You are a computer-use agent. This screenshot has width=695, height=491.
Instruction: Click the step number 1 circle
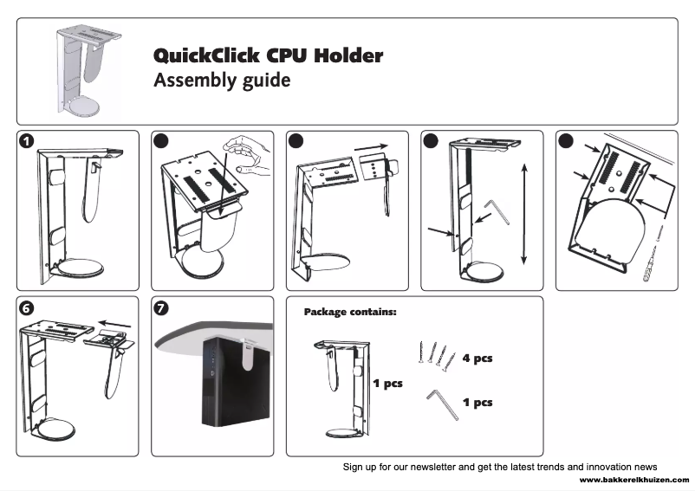29,141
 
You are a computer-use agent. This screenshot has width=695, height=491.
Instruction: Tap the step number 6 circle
29,307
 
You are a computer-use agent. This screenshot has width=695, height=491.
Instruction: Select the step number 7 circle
162,307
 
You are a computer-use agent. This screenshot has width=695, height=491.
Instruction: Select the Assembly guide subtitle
222,81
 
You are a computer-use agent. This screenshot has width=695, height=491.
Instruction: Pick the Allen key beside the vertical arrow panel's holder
497,208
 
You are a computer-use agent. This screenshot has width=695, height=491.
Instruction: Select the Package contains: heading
350,311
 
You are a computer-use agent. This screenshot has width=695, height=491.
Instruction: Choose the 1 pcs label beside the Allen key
477,402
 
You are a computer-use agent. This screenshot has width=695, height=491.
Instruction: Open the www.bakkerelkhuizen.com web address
634,479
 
